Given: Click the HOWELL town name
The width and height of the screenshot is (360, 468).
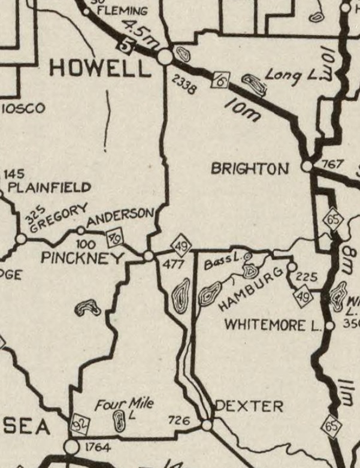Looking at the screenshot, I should click(x=100, y=68).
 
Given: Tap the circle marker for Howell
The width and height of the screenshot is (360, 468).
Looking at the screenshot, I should click(x=165, y=56).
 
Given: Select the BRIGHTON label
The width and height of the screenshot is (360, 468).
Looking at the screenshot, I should click(x=250, y=169).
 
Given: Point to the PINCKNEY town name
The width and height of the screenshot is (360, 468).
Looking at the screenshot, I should click(x=82, y=258).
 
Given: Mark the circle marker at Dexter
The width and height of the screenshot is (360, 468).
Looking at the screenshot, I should click(x=207, y=425).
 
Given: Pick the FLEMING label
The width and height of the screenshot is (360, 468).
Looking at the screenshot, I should click(x=122, y=11).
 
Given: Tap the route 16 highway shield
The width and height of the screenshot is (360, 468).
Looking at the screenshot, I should click(x=220, y=79).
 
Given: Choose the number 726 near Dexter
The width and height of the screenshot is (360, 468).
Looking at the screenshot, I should click(x=179, y=421).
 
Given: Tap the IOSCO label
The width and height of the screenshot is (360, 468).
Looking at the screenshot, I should click(x=23, y=108).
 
